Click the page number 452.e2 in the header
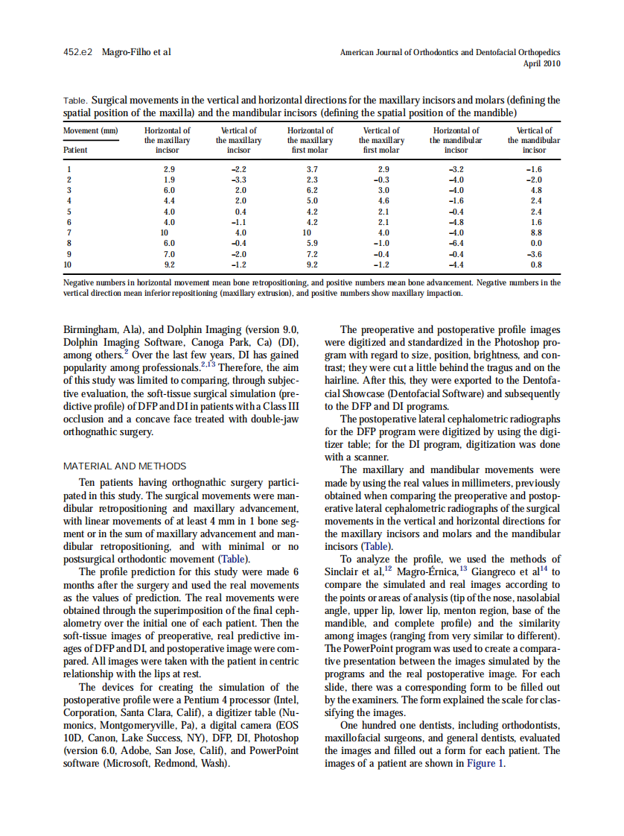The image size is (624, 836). [77, 52]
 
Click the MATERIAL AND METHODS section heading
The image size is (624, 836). [125, 466]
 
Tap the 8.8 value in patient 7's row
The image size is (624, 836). [535, 232]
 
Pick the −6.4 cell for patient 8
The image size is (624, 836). [456, 243]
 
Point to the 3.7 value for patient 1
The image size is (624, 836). [312, 169]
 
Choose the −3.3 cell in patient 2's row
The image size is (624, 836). [238, 180]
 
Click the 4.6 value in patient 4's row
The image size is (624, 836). [383, 200]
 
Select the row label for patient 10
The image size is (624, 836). [68, 264]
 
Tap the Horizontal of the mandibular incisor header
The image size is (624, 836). [456, 139]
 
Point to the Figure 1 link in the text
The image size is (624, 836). [485, 764]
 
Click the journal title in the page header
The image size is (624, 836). [450, 52]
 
